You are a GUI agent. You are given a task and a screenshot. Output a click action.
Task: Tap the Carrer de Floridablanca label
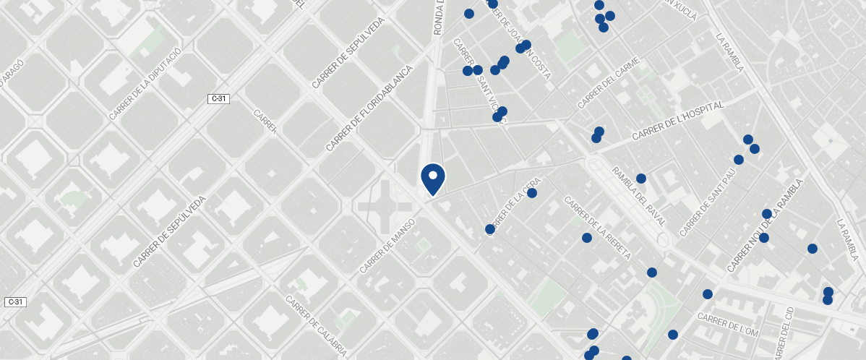pos(369,108)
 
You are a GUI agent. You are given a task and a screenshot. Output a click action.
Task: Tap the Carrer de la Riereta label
pos(598,228)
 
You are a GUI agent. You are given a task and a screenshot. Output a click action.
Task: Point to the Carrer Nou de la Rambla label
pos(765,226)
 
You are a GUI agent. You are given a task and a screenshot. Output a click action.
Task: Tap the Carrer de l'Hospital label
pos(677,121)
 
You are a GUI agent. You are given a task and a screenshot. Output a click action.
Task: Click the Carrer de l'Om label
pos(727,324)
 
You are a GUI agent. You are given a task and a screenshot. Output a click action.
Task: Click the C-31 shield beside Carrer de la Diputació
pos(219,98)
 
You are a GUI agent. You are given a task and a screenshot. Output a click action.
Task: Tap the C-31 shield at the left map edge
pos(15,301)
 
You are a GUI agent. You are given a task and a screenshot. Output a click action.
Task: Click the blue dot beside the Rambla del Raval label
pos(640,179)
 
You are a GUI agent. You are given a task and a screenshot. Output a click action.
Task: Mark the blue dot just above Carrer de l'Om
pos(708,294)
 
